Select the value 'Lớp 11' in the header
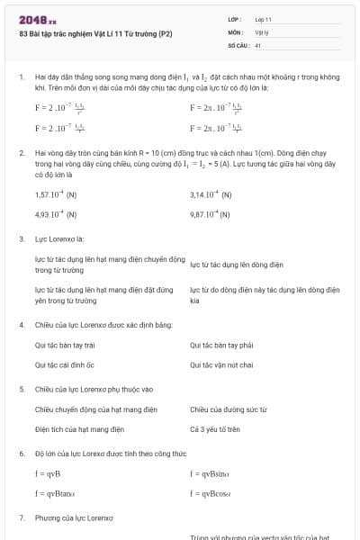264,18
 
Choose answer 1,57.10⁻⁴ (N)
56,194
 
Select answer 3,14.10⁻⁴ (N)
211,194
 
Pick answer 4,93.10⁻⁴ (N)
56,215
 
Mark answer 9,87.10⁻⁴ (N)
211,215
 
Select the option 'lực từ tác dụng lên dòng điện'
237,265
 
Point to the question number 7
21,517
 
